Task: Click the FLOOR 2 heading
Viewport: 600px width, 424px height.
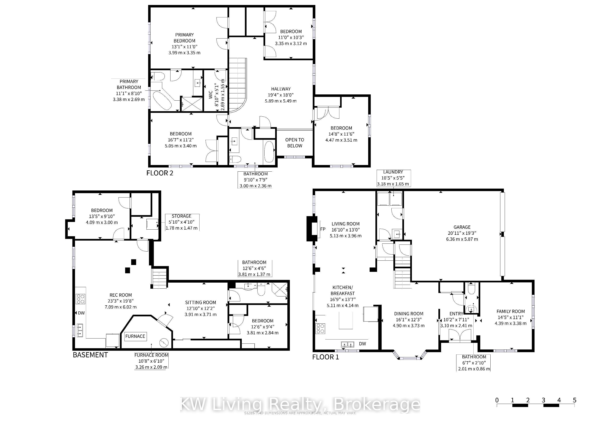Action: point(160,173)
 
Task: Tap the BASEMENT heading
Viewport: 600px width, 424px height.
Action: point(90,355)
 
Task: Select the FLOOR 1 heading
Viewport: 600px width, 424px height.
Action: point(326,357)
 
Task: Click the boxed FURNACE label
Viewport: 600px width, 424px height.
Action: point(135,336)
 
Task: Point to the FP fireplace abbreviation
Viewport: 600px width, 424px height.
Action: point(323,229)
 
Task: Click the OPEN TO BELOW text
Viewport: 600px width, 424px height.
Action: point(295,143)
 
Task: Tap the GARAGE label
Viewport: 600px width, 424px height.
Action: point(462,227)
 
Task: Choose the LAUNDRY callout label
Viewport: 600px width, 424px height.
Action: point(393,172)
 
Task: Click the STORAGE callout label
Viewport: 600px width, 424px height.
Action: point(182,216)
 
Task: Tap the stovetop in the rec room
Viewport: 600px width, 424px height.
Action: point(80,299)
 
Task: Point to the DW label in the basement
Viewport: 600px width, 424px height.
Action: point(81,313)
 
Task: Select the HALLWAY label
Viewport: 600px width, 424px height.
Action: point(281,89)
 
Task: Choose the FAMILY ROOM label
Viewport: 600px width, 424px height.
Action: point(511,311)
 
